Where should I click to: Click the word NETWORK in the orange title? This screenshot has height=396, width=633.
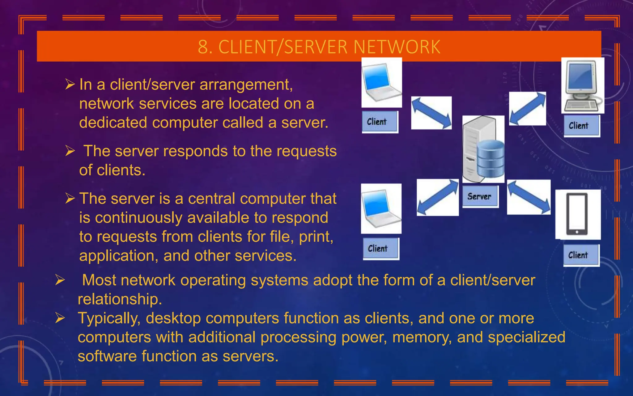pyautogui.click(x=397, y=47)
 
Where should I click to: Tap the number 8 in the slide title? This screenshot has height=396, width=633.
pyautogui.click(x=203, y=47)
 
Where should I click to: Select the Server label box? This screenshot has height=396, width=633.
pyautogui.click(x=480, y=196)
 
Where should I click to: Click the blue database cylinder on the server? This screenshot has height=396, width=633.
pyautogui.click(x=490, y=158)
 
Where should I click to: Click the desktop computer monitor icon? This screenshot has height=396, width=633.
pyautogui.click(x=582, y=85)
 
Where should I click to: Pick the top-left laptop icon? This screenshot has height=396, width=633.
pyautogui.click(x=381, y=82)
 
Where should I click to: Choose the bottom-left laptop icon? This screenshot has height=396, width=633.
pyautogui.click(x=381, y=209)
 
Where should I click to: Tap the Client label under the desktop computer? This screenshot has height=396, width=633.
pyautogui.click(x=581, y=126)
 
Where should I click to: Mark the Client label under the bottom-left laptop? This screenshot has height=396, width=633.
pyautogui.click(x=380, y=249)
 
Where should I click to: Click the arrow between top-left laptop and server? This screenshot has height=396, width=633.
pyautogui.click(x=431, y=113)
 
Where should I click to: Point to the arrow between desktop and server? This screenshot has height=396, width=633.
pyautogui.click(x=528, y=108)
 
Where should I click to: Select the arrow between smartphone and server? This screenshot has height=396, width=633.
pyautogui.click(x=529, y=197)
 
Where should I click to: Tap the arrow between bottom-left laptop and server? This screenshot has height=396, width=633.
pyautogui.click(x=437, y=197)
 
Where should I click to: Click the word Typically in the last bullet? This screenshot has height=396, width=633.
pyautogui.click(x=109, y=318)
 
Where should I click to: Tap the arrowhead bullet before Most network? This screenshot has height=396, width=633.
pyautogui.click(x=60, y=280)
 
